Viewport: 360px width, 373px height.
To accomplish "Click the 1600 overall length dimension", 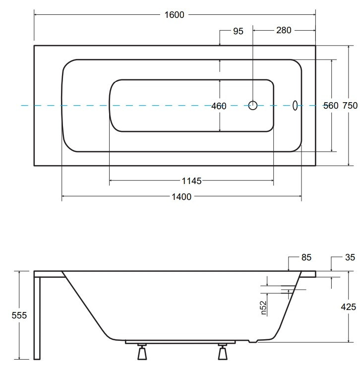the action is [x=174, y=15].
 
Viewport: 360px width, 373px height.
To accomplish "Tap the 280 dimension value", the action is [x=284, y=30].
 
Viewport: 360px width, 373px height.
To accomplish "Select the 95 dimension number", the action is [x=238, y=31].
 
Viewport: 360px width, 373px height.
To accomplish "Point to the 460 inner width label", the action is [x=219, y=106].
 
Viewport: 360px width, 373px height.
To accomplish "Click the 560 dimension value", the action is [x=331, y=106].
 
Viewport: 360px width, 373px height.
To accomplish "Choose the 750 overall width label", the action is [x=350, y=106].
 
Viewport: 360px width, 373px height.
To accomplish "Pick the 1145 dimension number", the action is [x=191, y=181].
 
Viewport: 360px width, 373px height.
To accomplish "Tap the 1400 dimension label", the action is [x=181, y=197].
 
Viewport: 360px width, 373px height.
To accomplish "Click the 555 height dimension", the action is [x=19, y=315].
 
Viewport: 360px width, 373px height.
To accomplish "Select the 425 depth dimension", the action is [x=349, y=307].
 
